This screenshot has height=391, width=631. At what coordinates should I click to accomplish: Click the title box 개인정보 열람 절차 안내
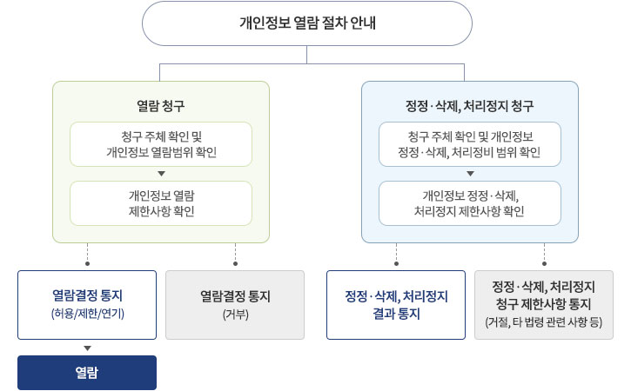click(x=307, y=23)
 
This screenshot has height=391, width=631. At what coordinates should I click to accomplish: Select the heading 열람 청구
click(x=160, y=106)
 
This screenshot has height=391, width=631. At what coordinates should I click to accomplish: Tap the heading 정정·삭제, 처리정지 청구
click(x=470, y=106)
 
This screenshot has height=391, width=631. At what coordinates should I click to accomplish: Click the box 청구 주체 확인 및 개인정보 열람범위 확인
click(x=161, y=144)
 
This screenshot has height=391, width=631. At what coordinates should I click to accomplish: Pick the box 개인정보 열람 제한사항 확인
click(x=161, y=203)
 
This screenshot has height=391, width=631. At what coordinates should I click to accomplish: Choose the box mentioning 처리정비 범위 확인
click(x=470, y=144)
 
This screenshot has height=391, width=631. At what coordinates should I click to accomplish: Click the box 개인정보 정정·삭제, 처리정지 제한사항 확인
click(x=470, y=203)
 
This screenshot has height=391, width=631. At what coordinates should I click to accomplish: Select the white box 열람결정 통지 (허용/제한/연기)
click(x=87, y=305)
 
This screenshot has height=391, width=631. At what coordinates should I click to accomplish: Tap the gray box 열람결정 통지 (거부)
click(x=235, y=305)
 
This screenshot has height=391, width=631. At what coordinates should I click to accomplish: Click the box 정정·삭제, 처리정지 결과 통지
click(x=396, y=305)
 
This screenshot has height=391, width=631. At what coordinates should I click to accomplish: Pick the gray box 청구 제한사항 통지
click(x=544, y=305)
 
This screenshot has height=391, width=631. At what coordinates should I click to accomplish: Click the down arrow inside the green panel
click(x=161, y=174)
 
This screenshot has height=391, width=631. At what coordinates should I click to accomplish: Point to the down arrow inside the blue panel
click(x=470, y=174)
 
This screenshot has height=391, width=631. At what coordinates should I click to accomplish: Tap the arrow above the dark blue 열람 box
click(x=87, y=348)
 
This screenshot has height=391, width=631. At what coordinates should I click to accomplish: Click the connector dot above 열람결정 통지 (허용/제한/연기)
click(x=87, y=263)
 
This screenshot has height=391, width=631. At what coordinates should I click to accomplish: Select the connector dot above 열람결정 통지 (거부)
click(x=235, y=263)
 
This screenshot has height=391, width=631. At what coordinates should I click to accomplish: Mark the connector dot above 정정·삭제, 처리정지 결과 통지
click(x=396, y=263)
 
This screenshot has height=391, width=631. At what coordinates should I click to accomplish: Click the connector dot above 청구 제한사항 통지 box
click(x=545, y=263)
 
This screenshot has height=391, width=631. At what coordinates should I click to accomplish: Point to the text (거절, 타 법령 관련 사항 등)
click(x=544, y=322)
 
